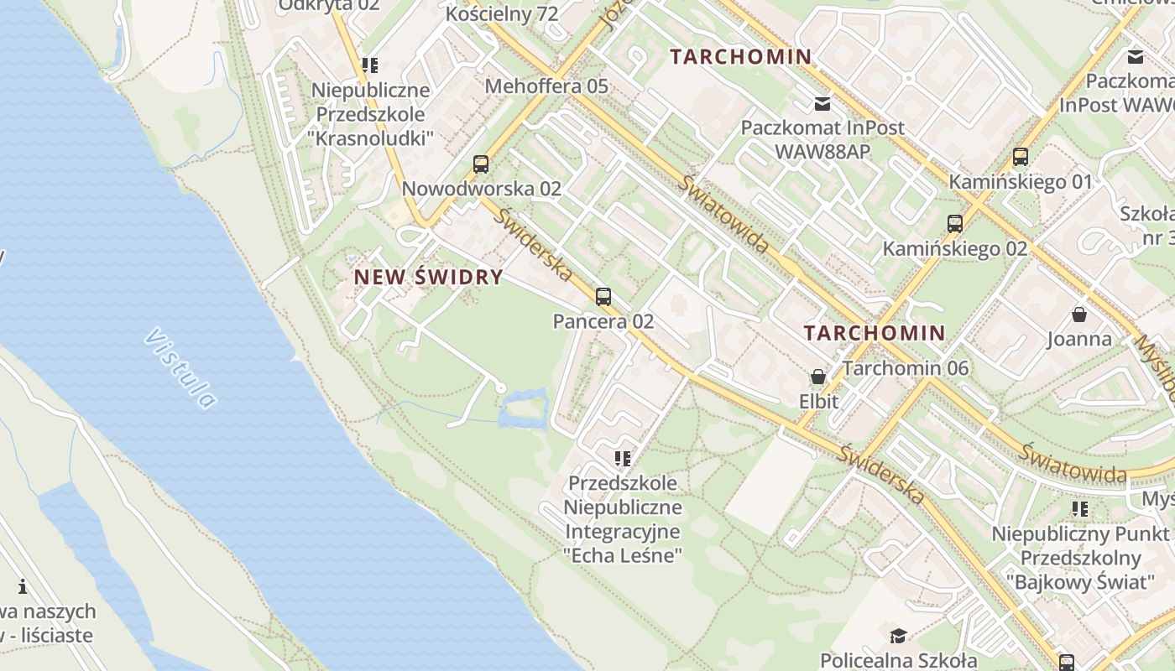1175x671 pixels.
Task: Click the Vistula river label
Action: [180, 368]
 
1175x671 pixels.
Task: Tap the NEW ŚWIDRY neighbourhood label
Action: [428, 277]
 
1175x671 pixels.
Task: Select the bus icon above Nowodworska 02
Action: [481, 164]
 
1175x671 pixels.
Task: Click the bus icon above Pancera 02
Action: [603, 296]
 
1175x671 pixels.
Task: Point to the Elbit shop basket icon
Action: [817, 377]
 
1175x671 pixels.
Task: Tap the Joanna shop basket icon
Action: [1079, 315]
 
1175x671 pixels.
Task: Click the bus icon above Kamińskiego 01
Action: [1021, 157]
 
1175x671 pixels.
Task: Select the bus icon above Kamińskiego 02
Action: [954, 224]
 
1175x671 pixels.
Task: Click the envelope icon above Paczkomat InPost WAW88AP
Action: [822, 104]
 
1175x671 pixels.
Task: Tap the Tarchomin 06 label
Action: [906, 368]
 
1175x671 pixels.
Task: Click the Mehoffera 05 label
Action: [546, 86]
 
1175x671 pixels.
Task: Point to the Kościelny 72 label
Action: [502, 13]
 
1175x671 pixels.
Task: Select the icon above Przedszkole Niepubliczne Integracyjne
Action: [622, 458]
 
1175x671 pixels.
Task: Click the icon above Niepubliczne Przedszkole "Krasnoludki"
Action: [370, 65]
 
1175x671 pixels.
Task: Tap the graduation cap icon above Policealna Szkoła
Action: [898, 635]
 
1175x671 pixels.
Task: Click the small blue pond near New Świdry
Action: [524, 411]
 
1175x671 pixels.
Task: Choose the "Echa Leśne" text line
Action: [622, 555]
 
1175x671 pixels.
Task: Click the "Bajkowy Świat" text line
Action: [1079, 582]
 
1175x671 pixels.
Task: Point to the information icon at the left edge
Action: [23, 586]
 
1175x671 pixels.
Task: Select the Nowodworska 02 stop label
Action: [481, 188]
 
